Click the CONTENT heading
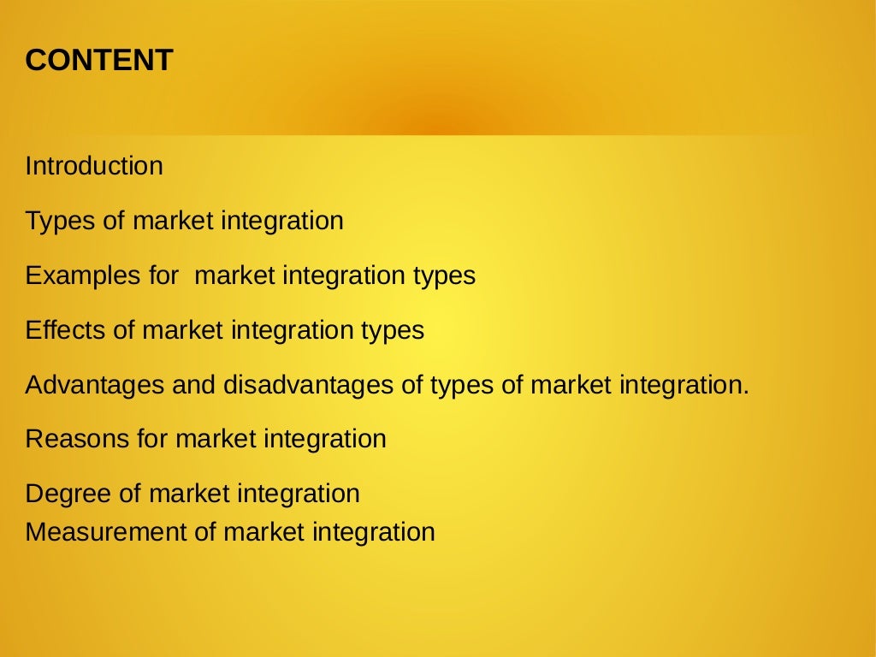click(x=99, y=61)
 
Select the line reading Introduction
click(x=94, y=166)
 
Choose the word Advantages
click(x=95, y=385)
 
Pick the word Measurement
click(x=106, y=532)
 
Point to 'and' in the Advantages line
click(x=193, y=385)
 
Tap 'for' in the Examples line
click(x=163, y=275)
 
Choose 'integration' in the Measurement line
click(x=373, y=532)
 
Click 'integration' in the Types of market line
click(x=282, y=221)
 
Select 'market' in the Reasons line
click(x=216, y=440)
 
